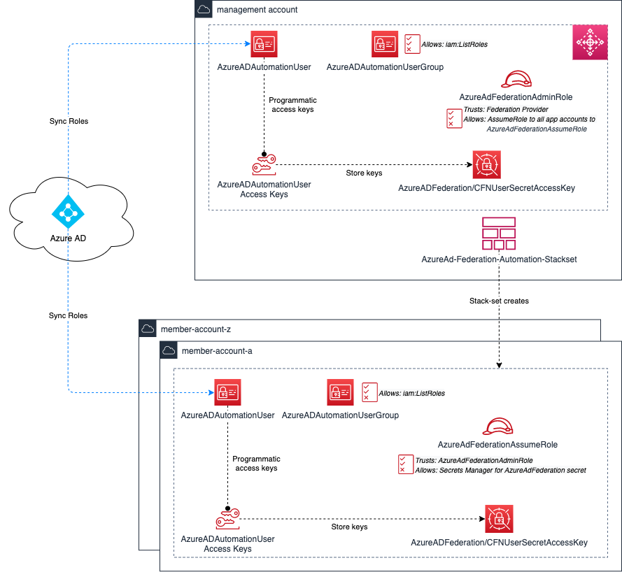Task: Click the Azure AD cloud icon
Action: [x=69, y=210]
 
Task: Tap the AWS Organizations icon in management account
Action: [x=588, y=43]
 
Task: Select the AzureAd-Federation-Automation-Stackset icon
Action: [x=499, y=234]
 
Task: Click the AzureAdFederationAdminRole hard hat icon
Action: [x=516, y=78]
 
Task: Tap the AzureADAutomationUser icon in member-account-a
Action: [x=227, y=394]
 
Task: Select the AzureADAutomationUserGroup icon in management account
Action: [x=385, y=44]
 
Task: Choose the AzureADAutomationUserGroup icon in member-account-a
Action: [x=340, y=392]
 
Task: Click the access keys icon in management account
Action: [x=264, y=166]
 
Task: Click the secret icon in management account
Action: [x=486, y=165]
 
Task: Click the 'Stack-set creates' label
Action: [x=499, y=301]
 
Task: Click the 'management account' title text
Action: [x=257, y=10]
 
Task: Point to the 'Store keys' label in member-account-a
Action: [x=349, y=527]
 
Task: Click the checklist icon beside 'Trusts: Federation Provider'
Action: [x=454, y=118]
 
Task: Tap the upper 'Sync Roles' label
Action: [x=69, y=121]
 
